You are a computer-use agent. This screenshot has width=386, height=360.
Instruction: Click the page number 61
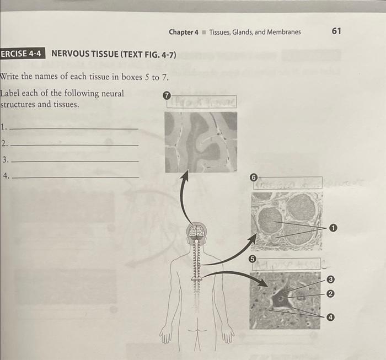tap(336, 31)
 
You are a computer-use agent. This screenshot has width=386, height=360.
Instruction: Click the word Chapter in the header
tap(183, 32)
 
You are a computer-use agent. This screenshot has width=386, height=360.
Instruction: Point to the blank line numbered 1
tap(74, 128)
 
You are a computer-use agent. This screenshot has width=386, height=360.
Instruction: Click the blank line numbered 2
tap(74, 144)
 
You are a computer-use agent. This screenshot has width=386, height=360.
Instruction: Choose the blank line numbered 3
tap(74, 161)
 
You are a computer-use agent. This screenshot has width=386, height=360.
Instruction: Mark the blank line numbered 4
tap(75, 177)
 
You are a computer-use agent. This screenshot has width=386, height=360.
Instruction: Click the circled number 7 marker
tap(168, 96)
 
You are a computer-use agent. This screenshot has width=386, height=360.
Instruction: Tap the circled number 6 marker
tap(253, 178)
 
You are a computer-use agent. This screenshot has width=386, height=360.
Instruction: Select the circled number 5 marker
tap(252, 259)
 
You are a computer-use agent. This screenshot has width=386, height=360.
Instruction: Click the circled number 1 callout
tap(333, 227)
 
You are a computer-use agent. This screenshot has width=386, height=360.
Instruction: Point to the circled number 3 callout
tap(330, 281)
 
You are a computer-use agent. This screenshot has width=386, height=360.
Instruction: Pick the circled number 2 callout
tap(330, 294)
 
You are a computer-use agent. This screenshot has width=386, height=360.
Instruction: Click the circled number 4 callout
tap(330, 317)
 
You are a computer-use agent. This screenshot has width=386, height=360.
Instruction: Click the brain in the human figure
tap(196, 232)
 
